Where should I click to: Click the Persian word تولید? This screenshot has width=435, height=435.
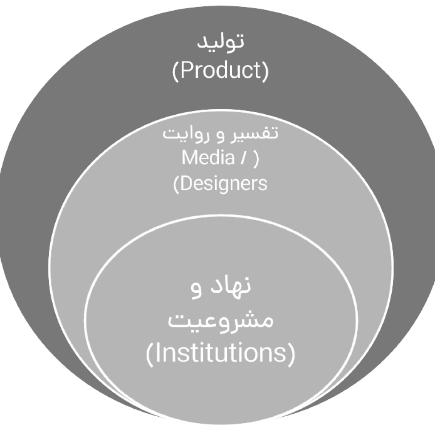pos(220,42)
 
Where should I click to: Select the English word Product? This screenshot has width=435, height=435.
pos(220,70)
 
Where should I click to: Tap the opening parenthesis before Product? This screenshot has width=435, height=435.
pos(175,71)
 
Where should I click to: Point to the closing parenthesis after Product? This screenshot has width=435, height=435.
pos(266,71)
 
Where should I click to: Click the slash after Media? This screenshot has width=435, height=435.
pos(243,158)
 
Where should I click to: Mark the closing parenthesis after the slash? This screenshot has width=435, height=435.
pos(256,159)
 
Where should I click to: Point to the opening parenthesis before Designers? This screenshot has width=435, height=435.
pos(176,185)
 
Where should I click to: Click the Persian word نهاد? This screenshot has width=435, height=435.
pos(230,285)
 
